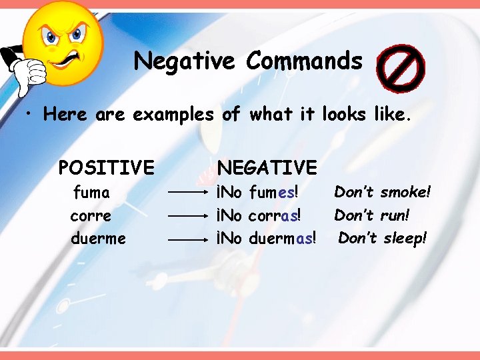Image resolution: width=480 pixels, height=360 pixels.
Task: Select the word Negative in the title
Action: (184, 61)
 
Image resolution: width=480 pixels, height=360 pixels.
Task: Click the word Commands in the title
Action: (304, 61)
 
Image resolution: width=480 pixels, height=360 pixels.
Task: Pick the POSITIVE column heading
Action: (106, 166)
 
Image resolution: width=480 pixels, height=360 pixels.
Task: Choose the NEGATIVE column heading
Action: (267, 166)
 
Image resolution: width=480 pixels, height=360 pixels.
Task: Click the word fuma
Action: (91, 193)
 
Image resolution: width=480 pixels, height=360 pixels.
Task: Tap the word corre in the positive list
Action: (91, 216)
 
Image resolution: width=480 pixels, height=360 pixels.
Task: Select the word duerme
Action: (98, 238)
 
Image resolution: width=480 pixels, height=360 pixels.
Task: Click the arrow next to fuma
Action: (189, 193)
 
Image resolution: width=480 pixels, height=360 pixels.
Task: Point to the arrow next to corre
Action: (189, 216)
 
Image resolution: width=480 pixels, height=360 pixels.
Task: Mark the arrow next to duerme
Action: (189, 239)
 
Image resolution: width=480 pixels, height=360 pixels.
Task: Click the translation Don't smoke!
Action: (383, 192)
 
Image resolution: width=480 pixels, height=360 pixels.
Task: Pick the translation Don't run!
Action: (371, 215)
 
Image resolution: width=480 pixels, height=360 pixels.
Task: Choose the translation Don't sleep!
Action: (382, 238)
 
